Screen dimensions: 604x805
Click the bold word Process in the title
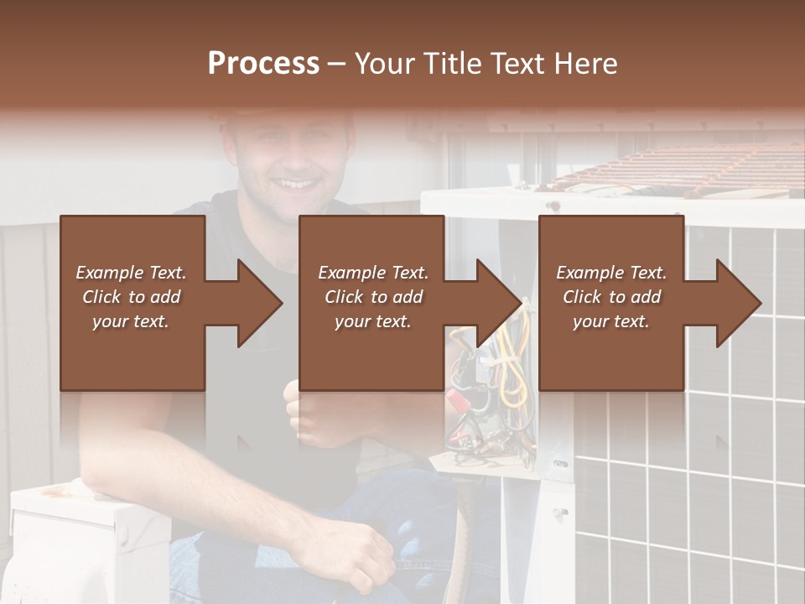[263, 64]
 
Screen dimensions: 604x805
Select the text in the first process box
[131, 297]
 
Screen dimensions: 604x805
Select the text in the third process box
[611, 297]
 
